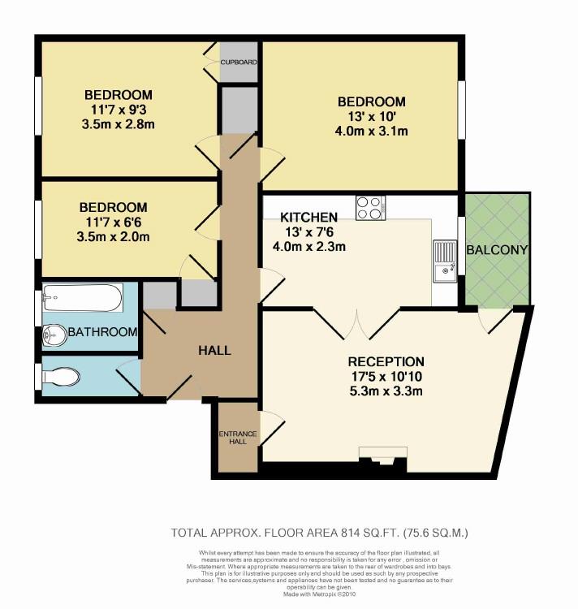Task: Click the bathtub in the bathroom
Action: [82, 300]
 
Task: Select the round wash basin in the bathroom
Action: [56, 334]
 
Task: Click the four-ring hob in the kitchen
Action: [370, 208]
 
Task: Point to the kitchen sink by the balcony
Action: [445, 260]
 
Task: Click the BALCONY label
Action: [498, 249]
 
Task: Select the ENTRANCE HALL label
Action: [238, 438]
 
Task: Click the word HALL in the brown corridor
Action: [215, 351]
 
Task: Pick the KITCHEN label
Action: [308, 218]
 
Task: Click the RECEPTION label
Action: [386, 361]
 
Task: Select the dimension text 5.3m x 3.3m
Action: [386, 391]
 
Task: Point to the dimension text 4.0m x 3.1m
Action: [371, 131]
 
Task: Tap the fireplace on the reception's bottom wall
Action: [382, 456]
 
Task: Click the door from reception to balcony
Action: [492, 322]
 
